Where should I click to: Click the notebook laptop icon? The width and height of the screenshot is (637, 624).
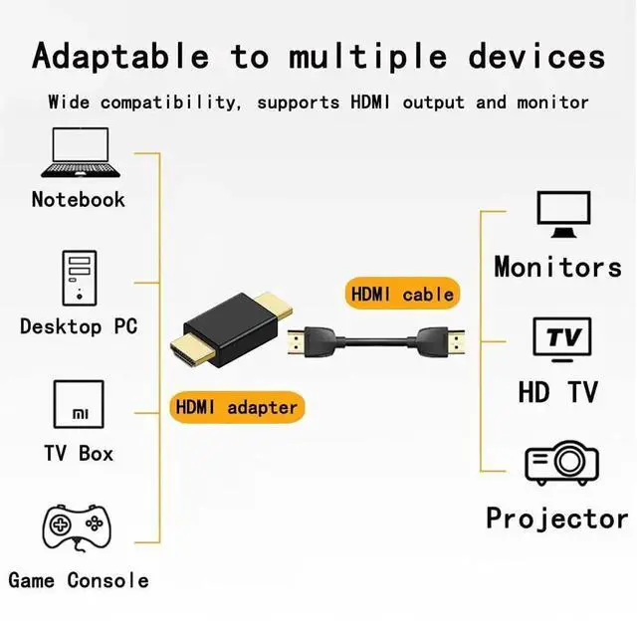click(79, 153)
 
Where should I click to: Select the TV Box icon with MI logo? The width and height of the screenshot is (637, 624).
click(80, 406)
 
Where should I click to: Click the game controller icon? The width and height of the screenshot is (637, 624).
click(77, 528)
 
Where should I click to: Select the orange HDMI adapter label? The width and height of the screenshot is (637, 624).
click(236, 406)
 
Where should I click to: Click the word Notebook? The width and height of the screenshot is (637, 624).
click(79, 199)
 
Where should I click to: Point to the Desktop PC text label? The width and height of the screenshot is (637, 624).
click(79, 326)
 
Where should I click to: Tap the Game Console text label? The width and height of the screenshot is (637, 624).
click(79, 580)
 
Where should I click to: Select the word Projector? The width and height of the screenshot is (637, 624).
click(556, 519)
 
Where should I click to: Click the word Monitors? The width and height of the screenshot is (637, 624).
click(557, 267)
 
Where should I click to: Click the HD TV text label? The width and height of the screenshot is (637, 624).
click(557, 392)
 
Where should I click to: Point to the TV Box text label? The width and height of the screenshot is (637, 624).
click(79, 453)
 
